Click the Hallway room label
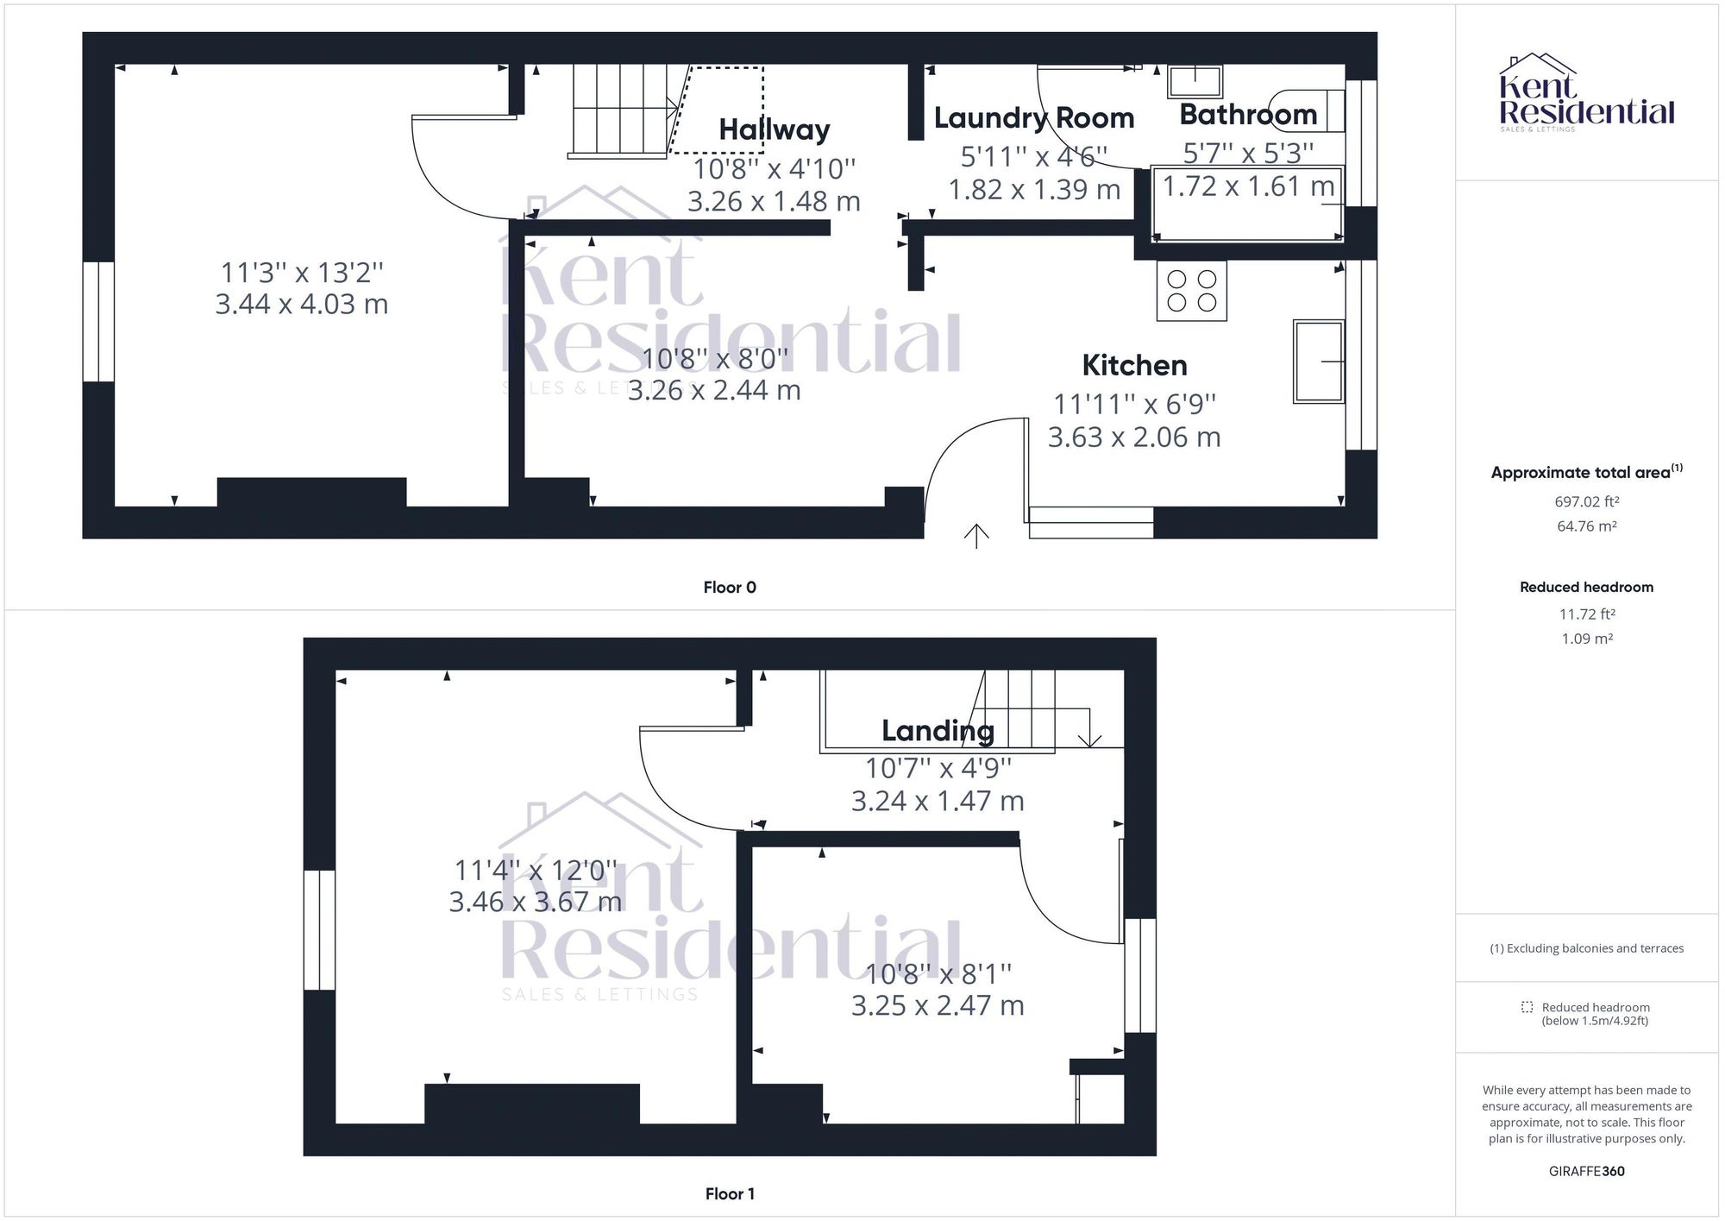coord(774,129)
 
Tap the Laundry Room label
coord(1033,118)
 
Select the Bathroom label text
coord(1247,115)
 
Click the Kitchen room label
coord(1134,365)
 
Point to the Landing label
coord(938,731)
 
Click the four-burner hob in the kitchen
coord(1191,291)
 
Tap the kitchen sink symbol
coord(1318,362)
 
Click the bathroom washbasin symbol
coord(1195,81)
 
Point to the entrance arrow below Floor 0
coord(975,536)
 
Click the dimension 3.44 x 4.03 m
coord(301,304)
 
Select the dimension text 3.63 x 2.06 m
coord(1133,437)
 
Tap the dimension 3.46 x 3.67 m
coord(535,902)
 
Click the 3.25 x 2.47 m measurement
coord(938,1005)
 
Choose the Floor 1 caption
coord(730,1193)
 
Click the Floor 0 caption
coord(730,588)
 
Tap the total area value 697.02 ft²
coord(1586,501)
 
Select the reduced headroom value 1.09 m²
coord(1586,639)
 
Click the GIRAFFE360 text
coord(1586,1171)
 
